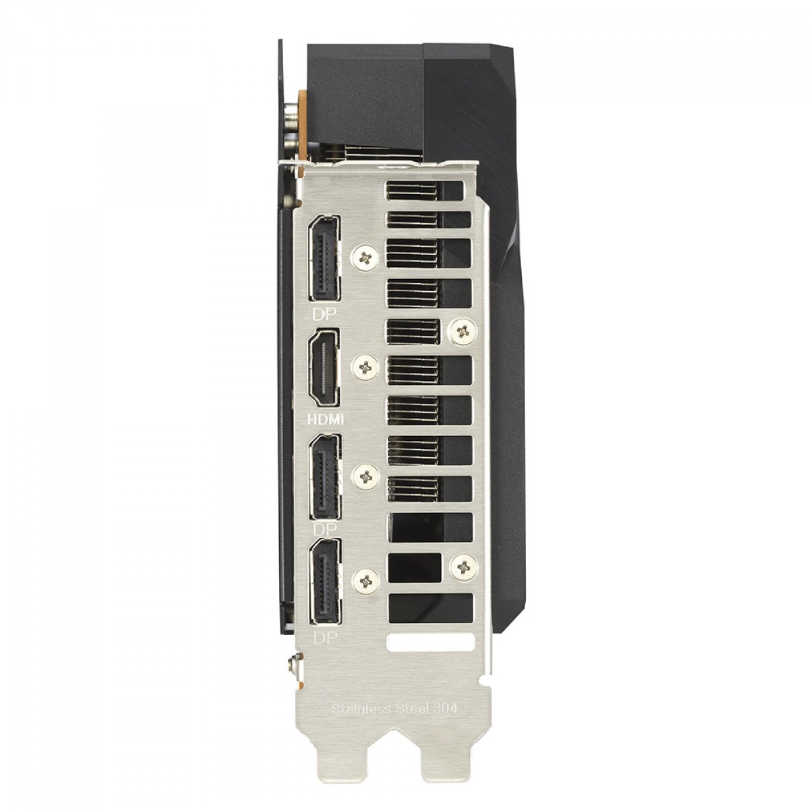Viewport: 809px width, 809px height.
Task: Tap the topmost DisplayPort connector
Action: coord(324,258)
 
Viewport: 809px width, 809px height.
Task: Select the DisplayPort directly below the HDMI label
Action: coord(324,477)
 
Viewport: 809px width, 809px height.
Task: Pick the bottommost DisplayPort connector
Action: coord(324,581)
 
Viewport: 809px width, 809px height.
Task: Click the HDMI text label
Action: coord(326,419)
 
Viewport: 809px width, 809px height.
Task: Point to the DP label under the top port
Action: coord(326,313)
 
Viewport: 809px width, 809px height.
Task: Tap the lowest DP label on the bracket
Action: coord(326,638)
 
